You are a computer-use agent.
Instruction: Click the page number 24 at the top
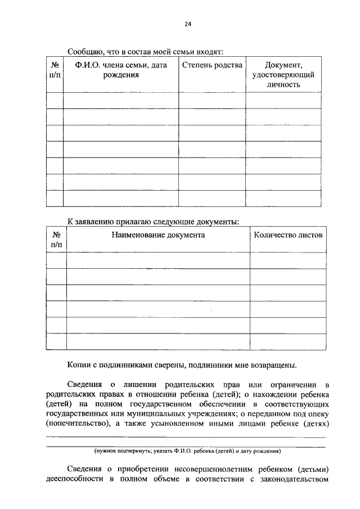[187, 24]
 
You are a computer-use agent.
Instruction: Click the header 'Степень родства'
[212, 65]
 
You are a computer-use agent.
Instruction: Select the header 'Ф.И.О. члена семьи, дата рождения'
[120, 70]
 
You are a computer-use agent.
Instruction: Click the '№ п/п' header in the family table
[55, 70]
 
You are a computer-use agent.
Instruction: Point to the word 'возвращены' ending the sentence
[273, 365]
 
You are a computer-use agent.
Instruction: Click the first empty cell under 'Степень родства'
[212, 100]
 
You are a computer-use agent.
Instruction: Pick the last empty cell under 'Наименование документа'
[158, 341]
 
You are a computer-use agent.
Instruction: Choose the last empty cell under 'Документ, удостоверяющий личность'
[283, 199]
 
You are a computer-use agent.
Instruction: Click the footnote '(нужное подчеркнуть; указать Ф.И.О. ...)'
[187, 451]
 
